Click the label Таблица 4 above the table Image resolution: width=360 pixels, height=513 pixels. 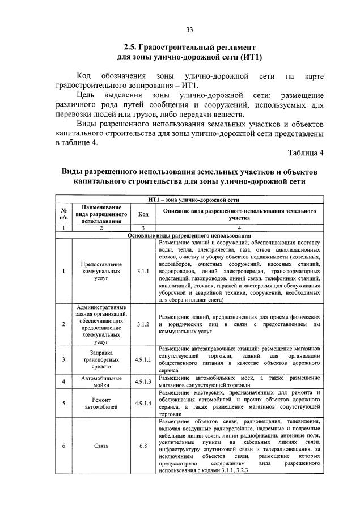coord(306,152)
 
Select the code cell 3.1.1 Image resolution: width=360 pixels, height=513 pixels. coord(143,272)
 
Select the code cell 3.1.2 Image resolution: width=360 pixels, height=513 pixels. coord(143,324)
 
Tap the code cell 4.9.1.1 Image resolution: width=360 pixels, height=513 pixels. coord(143,359)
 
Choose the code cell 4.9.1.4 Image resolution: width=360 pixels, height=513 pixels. coord(143,403)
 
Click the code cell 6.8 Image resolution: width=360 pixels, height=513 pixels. coord(143,446)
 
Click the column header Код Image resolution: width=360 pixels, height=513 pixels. coord(143,214)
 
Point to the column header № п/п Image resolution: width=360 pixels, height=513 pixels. coord(63,214)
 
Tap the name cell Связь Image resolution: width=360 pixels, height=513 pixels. coord(101,446)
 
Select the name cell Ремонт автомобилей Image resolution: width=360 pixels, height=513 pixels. coord(101,403)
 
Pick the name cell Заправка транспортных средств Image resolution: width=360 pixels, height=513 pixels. coord(101,359)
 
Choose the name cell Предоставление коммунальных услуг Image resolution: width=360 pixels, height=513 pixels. coord(101,272)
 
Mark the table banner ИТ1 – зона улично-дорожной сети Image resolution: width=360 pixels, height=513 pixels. coord(190,200)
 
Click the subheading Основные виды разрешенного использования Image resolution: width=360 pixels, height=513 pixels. coord(190,235)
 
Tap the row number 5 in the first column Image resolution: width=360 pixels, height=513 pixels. coord(63,403)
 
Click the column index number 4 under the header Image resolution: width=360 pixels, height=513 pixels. coord(239,228)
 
